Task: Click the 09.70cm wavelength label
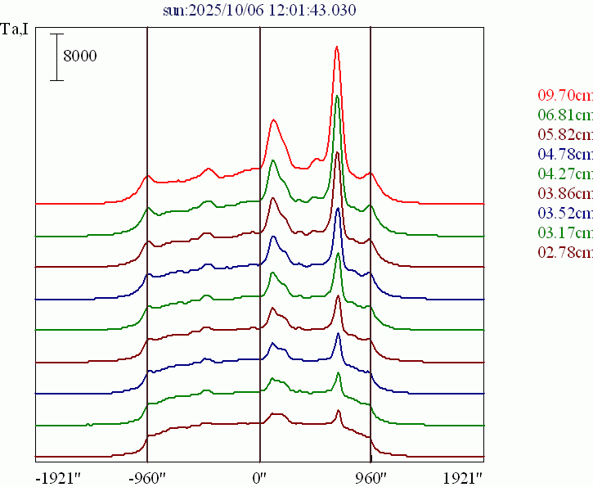click(565, 95)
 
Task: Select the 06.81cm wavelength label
click(565, 115)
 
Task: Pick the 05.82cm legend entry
click(565, 134)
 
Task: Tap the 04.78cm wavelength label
click(565, 154)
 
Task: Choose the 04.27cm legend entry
click(565, 174)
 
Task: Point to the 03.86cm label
click(565, 193)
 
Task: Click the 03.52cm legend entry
click(565, 213)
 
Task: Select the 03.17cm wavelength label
click(565, 232)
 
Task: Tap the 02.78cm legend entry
click(565, 252)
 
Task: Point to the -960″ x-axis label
click(148, 476)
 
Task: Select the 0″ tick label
click(259, 476)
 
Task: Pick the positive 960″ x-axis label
click(371, 476)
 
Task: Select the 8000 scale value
click(80, 56)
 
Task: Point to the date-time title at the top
click(259, 10)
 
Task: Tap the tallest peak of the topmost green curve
click(337, 97)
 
